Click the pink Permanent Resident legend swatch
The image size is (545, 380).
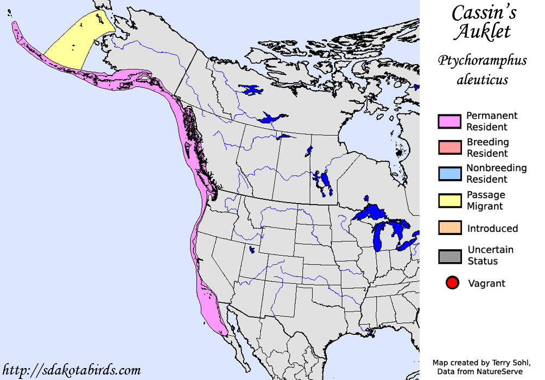point(449,122)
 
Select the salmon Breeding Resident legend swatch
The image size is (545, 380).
point(449,148)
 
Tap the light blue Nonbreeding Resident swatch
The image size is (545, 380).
point(449,173)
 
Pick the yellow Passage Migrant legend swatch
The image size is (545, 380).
point(449,200)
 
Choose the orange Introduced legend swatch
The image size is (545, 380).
point(449,228)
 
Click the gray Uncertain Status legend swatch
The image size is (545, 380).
point(449,255)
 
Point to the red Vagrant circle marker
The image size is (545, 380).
point(452,283)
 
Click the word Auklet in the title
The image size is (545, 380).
point(482,32)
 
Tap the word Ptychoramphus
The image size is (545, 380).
point(482,61)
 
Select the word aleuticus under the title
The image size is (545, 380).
point(482,80)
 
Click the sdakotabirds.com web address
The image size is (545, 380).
point(72,370)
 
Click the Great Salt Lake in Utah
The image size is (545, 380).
point(252,250)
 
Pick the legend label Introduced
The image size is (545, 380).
point(492,229)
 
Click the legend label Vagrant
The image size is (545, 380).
point(486,283)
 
